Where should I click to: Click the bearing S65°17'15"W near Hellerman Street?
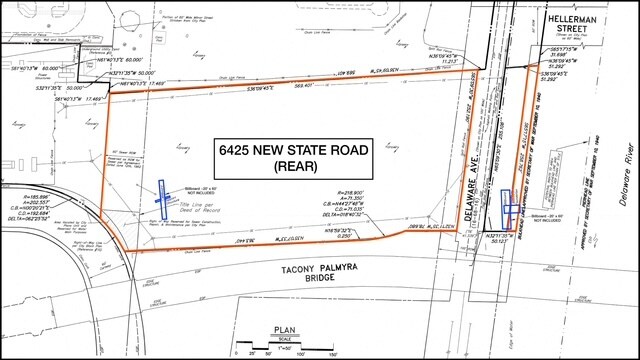click(x=567, y=47)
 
